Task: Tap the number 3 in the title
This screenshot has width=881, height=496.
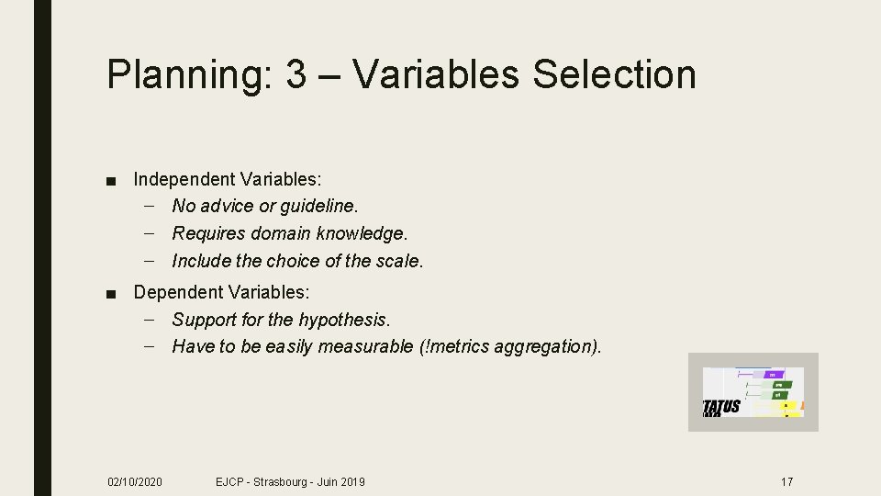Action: click(296, 74)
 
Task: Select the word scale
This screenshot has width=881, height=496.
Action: click(403, 260)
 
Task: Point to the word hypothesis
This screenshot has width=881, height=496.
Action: click(344, 320)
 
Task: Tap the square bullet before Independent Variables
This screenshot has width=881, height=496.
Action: click(110, 178)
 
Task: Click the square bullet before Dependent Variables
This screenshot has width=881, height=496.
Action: click(110, 293)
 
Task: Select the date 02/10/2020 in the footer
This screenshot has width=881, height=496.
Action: click(134, 481)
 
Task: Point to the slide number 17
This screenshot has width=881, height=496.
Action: click(786, 481)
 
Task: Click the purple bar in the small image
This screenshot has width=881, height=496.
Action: click(774, 374)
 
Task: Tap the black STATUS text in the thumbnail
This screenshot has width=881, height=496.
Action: click(721, 407)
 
